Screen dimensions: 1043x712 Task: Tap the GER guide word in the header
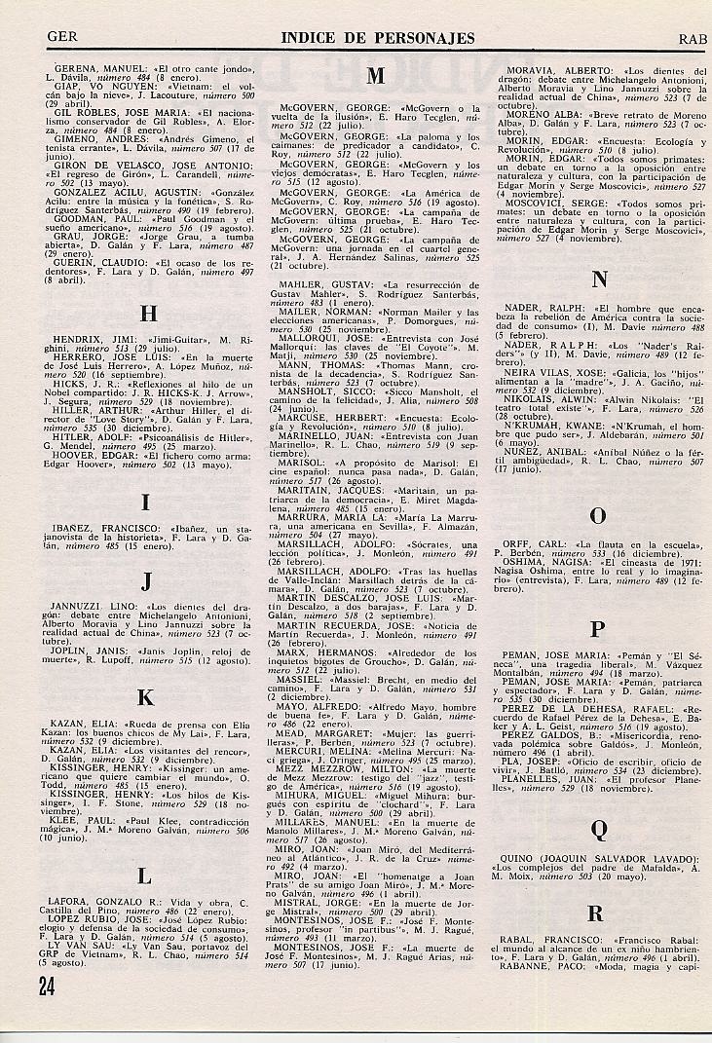click(61, 39)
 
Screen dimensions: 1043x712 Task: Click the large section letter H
click(148, 313)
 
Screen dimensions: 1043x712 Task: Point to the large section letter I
click(145, 503)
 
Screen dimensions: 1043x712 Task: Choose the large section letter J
click(145, 582)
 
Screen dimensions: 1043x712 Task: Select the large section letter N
click(599, 280)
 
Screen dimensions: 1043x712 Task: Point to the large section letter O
click(599, 516)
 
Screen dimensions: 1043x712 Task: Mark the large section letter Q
click(599, 829)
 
